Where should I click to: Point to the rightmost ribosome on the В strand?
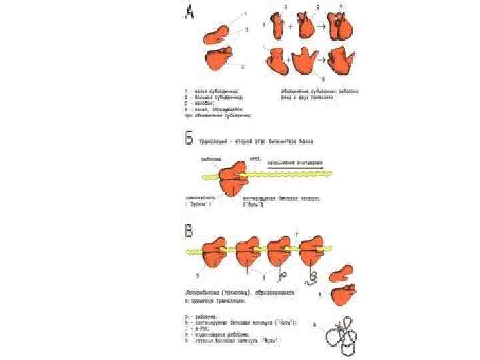tap(313, 251)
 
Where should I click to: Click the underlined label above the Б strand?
tap(295, 162)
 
